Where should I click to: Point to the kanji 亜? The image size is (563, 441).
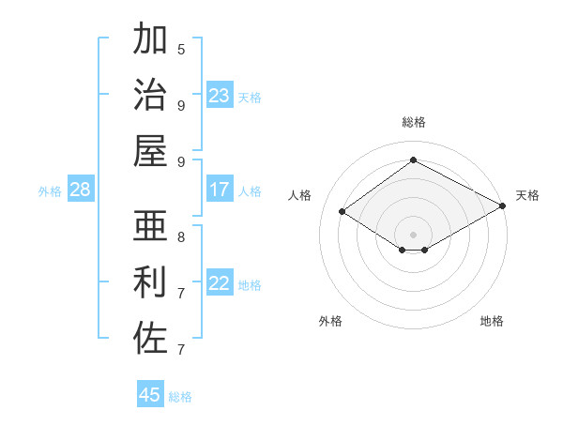(x=150, y=226)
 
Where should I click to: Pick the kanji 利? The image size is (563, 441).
(x=150, y=282)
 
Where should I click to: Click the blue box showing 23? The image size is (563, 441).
(x=220, y=96)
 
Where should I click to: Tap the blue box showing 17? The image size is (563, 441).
(x=220, y=190)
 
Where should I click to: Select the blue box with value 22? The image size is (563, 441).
(x=220, y=284)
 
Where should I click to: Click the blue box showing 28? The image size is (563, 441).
(x=81, y=190)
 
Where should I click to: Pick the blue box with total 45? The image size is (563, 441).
(x=150, y=395)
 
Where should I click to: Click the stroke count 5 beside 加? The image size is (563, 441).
(x=181, y=49)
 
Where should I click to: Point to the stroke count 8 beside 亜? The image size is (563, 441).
(x=181, y=236)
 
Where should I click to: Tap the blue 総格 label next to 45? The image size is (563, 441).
(x=180, y=397)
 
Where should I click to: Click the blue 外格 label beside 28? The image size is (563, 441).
(x=50, y=191)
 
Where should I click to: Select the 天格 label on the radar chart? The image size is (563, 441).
(x=527, y=195)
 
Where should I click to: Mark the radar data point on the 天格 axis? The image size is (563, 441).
(x=503, y=206)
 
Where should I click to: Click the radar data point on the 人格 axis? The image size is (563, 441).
(x=342, y=212)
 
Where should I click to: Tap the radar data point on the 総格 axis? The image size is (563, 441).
(x=413, y=160)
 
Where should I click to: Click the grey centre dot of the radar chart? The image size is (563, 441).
(x=413, y=234)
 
